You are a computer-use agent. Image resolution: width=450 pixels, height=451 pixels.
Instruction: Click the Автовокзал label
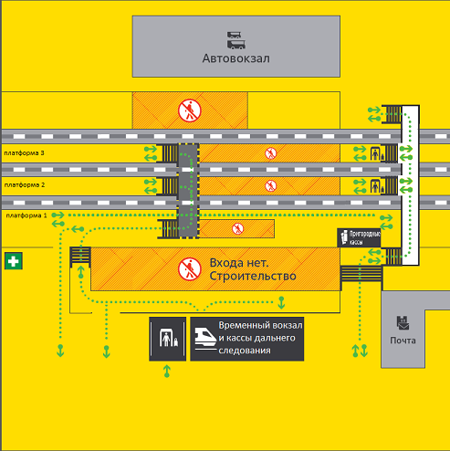tap(236, 58)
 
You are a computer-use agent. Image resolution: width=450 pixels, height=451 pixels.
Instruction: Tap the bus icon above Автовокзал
tap(236, 40)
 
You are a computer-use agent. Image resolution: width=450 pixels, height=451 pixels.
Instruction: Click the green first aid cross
tap(14, 261)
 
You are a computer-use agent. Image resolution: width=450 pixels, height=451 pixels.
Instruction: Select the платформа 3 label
tap(24, 153)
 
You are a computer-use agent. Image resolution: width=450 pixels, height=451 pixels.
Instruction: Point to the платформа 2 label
tap(25, 185)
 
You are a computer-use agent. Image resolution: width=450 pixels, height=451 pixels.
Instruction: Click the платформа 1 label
tap(26, 215)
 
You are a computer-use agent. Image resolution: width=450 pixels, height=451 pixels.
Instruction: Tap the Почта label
tap(403, 341)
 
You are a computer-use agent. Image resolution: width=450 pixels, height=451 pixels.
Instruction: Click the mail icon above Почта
tap(403, 323)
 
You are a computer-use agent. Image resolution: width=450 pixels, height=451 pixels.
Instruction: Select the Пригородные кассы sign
tap(359, 237)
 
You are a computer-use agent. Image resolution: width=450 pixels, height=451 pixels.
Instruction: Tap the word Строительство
tap(253, 276)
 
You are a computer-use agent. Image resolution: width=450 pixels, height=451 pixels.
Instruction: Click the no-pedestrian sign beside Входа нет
tap(190, 269)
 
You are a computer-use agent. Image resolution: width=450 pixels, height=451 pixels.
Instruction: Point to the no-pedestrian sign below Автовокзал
tap(190, 110)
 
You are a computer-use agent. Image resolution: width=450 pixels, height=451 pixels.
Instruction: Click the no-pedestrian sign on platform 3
tap(270, 153)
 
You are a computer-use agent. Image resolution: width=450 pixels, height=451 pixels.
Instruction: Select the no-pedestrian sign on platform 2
tap(270, 185)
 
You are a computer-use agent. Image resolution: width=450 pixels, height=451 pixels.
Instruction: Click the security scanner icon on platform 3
tap(376, 153)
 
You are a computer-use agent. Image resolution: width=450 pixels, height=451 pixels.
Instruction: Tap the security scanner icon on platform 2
tap(376, 186)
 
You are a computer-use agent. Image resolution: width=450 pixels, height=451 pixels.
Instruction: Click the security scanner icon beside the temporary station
tap(168, 338)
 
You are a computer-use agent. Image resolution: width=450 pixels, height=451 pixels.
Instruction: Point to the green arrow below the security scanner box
tap(167, 372)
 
